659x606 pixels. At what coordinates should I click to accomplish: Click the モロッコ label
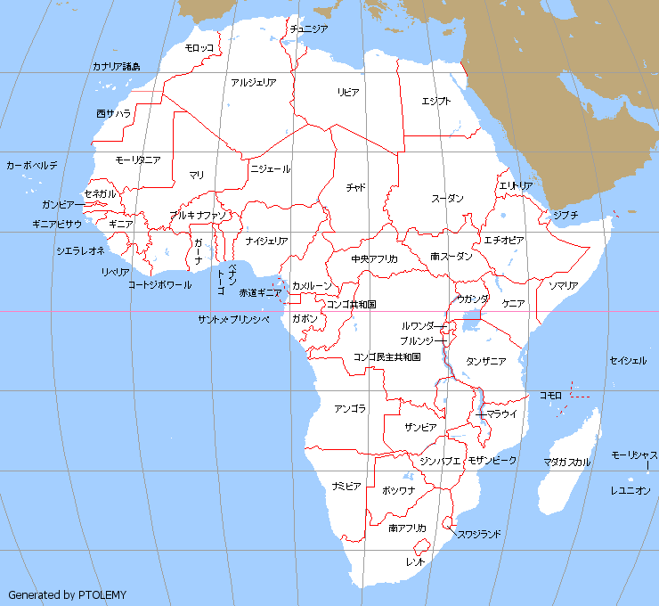tap(199, 47)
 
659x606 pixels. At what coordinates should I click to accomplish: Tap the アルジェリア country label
tap(253, 83)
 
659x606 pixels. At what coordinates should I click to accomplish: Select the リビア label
tap(348, 93)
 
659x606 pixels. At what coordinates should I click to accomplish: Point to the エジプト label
tap(436, 101)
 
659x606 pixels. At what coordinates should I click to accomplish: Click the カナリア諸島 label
tap(116, 67)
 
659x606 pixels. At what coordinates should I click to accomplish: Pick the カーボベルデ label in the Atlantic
tap(32, 166)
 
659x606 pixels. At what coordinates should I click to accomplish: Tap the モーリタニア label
tap(138, 160)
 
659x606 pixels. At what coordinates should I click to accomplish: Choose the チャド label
tap(356, 188)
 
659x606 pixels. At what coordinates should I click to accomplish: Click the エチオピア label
tap(504, 241)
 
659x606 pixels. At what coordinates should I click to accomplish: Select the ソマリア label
tap(563, 286)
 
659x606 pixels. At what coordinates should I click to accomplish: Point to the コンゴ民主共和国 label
tap(387, 357)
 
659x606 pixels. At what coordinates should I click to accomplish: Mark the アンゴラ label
tap(350, 409)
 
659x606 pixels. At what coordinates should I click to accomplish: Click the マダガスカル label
tap(567, 463)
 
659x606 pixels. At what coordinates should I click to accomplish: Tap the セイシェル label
tap(628, 361)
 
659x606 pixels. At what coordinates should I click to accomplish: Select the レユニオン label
tap(631, 491)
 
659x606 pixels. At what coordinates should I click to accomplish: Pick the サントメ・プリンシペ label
tap(233, 319)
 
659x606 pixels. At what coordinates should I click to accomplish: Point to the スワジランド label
tap(479, 535)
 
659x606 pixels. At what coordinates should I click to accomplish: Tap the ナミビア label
tap(346, 487)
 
